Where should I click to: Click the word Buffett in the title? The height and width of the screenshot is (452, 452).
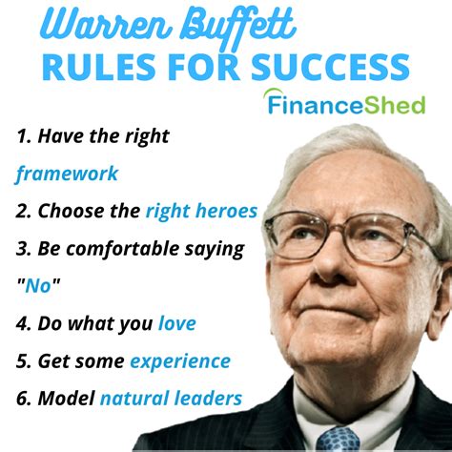click(237, 26)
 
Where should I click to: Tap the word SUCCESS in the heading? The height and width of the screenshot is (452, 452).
click(331, 67)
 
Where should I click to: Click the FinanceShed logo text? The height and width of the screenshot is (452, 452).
click(346, 105)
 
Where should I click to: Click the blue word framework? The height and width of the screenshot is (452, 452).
click(67, 174)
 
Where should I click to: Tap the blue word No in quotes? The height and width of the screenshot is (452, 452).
click(38, 285)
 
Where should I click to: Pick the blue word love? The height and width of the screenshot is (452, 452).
click(177, 323)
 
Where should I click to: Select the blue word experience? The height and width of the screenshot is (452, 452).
click(180, 361)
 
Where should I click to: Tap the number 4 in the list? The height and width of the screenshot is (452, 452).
click(21, 323)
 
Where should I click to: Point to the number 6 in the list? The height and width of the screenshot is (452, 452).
click(22, 398)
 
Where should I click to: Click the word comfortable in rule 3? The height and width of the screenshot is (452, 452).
click(123, 248)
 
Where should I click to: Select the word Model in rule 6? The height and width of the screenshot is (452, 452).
click(66, 398)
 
